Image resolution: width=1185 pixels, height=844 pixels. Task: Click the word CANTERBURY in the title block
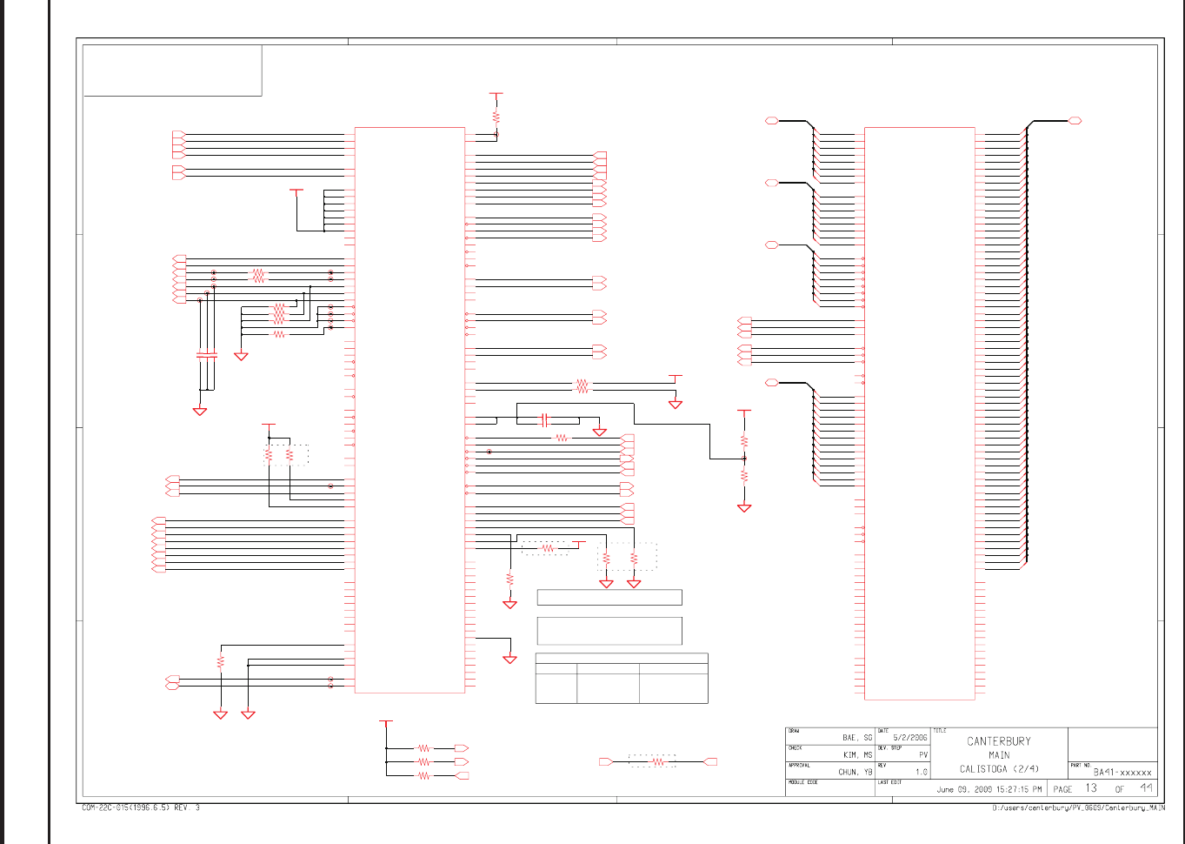[x=999, y=741]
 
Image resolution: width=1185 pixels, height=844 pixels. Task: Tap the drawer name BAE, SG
[x=856, y=738]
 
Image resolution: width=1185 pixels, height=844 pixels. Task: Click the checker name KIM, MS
[x=856, y=755]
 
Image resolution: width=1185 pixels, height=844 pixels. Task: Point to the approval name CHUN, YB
[x=855, y=772]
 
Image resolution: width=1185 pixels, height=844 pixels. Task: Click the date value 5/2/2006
[x=910, y=738]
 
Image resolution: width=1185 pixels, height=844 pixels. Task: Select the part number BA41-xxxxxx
[x=1122, y=772]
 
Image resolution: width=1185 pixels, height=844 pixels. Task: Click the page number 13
[x=1091, y=788]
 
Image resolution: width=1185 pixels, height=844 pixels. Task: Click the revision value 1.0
[x=921, y=772]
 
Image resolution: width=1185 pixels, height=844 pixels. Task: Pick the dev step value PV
[x=922, y=755]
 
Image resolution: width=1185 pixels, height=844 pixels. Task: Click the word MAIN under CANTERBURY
[x=999, y=755]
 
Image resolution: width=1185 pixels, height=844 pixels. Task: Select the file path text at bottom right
[x=1078, y=808]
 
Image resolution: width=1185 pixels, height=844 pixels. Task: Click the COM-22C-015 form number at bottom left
[x=140, y=808]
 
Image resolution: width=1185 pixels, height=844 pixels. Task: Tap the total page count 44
[x=1147, y=788]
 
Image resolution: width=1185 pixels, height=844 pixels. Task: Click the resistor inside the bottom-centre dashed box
[x=658, y=761]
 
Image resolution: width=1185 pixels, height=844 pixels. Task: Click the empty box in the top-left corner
[x=172, y=70]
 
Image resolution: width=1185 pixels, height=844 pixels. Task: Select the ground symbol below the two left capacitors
[x=200, y=411]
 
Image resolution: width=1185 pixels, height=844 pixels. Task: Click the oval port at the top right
[x=1075, y=121]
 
